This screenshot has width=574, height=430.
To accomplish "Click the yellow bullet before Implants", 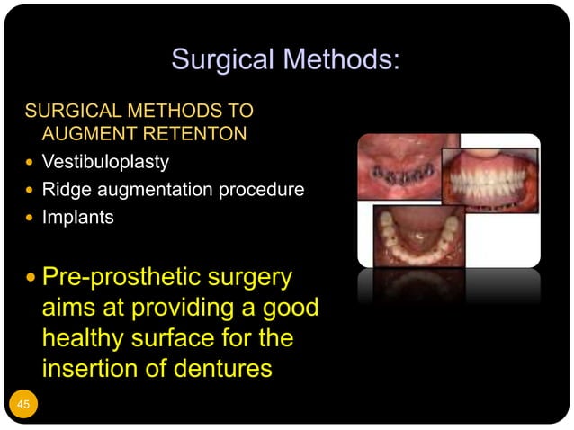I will (31, 218).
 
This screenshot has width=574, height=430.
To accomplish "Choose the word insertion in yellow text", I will (95, 368).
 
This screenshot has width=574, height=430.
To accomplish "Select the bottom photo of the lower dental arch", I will (419, 235).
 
